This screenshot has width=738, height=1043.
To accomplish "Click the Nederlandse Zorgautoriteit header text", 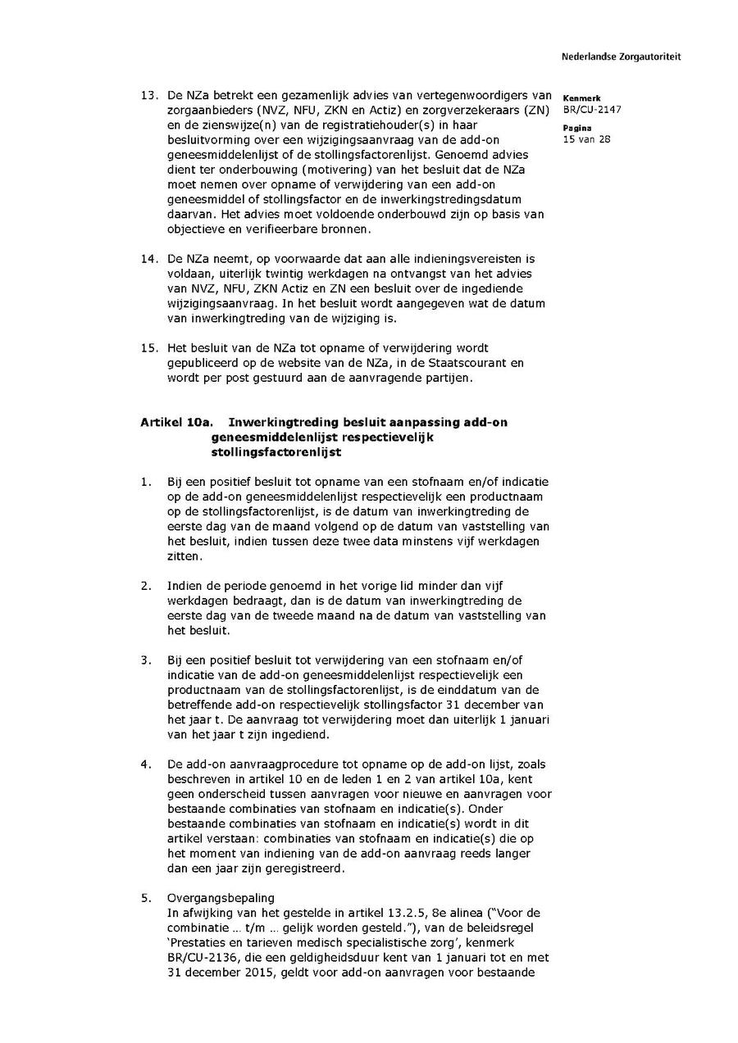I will pyautogui.click(x=621, y=57).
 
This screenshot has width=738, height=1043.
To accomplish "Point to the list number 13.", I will pyautogui.click(x=148, y=95).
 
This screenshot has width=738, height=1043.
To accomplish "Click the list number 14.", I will pyautogui.click(x=148, y=258).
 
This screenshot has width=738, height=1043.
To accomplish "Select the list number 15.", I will pyautogui.click(x=148, y=347).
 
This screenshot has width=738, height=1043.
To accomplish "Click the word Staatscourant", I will pyautogui.click(x=467, y=362).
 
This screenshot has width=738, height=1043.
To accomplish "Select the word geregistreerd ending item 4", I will pyautogui.click(x=303, y=868).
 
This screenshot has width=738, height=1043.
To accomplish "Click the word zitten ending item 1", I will pyautogui.click(x=183, y=556).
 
